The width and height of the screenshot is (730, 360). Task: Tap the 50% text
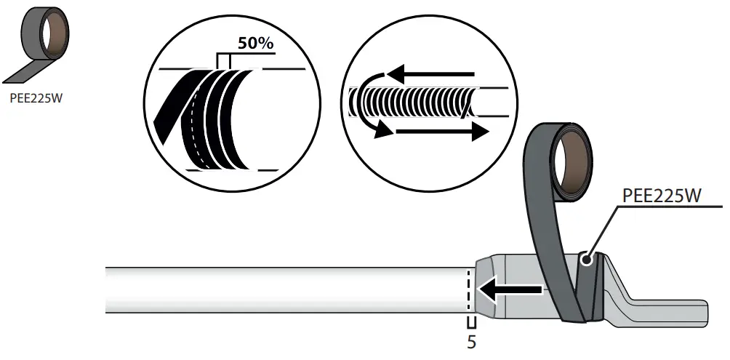255,44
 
